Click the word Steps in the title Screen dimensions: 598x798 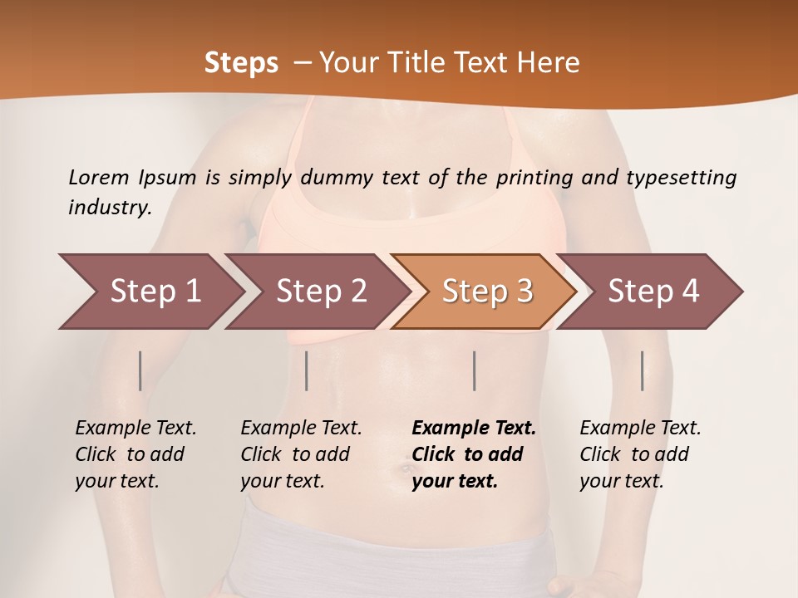point(241,63)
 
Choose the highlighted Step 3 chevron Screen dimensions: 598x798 point(486,292)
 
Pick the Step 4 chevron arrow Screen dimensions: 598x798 point(653,292)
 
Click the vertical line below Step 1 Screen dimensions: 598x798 point(140,370)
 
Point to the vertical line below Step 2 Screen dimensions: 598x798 point(307,370)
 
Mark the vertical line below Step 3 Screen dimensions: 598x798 point(474,370)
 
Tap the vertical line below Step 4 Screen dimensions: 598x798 point(642,370)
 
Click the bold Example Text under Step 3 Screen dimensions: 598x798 point(474,429)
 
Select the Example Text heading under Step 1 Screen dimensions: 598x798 point(135,429)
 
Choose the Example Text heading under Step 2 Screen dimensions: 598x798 point(301,429)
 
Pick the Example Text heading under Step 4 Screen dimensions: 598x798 point(640,429)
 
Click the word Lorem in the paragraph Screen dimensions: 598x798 point(98,178)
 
